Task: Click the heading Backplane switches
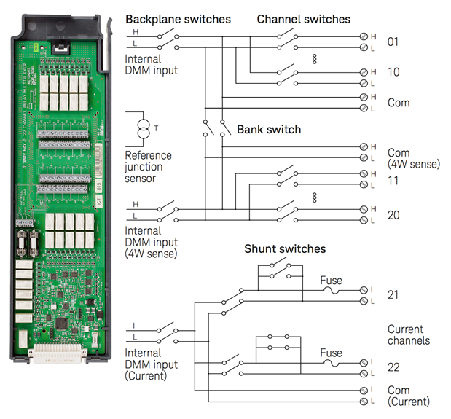pyautogui.click(x=178, y=19)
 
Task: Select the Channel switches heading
pyautogui.click(x=303, y=19)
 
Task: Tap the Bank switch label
pyautogui.click(x=269, y=130)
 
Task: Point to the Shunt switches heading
pyautogui.click(x=285, y=249)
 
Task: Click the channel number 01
pyautogui.click(x=393, y=42)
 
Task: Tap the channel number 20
pyautogui.click(x=394, y=215)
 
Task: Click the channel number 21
pyautogui.click(x=394, y=295)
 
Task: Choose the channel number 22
pyautogui.click(x=394, y=368)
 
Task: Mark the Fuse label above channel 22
pyautogui.click(x=332, y=353)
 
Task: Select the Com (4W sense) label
pyautogui.click(x=413, y=159)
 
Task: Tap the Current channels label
pyautogui.click(x=409, y=335)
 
